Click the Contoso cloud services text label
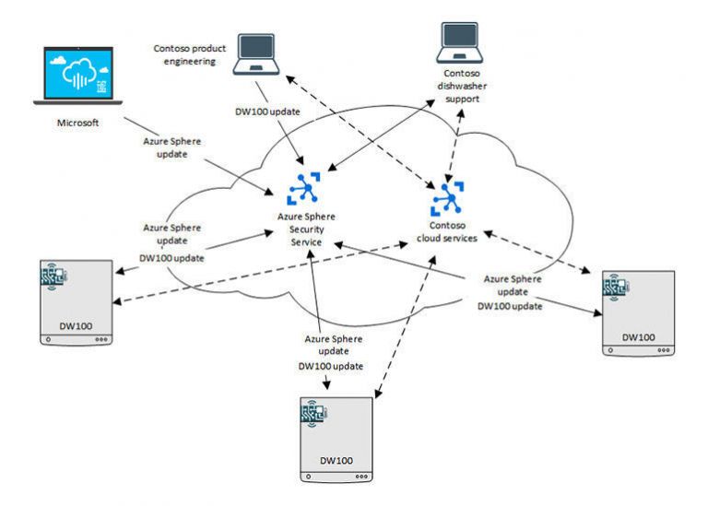click(452, 230)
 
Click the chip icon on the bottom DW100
click(313, 410)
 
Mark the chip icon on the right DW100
click(615, 287)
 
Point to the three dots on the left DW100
click(100, 339)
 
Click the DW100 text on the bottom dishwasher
click(336, 458)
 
